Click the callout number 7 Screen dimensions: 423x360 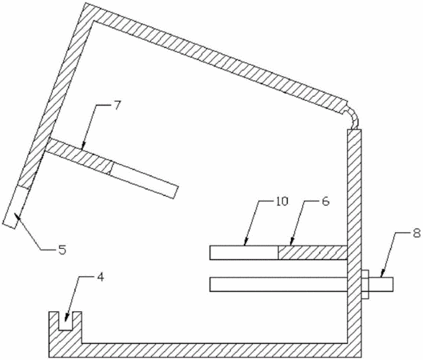click(x=116, y=105)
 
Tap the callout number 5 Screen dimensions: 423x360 click(x=62, y=250)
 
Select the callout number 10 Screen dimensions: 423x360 click(x=282, y=202)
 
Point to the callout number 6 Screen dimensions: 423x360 click(x=326, y=202)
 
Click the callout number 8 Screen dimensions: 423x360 click(x=417, y=233)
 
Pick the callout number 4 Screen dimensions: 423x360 click(x=101, y=278)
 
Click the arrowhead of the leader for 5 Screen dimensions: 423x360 click(x=18, y=216)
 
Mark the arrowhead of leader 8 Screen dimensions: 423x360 click(x=382, y=274)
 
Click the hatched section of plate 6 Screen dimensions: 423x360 click(x=313, y=253)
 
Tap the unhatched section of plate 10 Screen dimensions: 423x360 click(x=244, y=253)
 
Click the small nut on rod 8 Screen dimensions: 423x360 click(x=365, y=284)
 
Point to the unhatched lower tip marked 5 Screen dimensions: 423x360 click(x=16, y=206)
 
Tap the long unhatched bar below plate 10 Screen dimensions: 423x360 click(x=278, y=284)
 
